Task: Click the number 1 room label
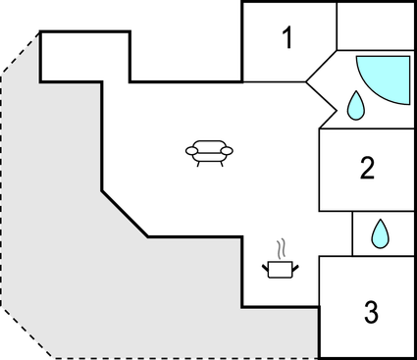[287, 39]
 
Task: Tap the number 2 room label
[367, 168]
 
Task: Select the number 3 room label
[370, 313]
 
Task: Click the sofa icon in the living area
[210, 153]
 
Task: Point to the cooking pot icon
[280, 269]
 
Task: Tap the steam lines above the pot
[282, 245]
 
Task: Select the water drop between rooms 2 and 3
[379, 233]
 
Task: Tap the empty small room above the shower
[376, 26]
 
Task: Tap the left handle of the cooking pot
[266, 265]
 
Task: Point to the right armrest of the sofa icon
[230, 150]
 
